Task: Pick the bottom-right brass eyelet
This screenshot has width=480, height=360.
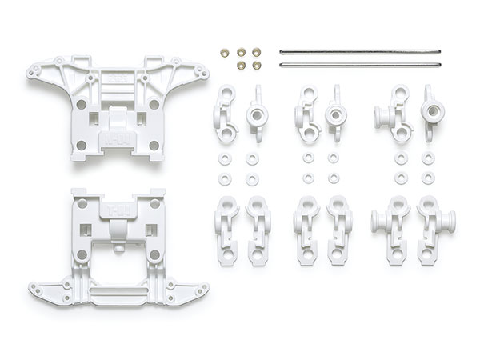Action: (x=255, y=63)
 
